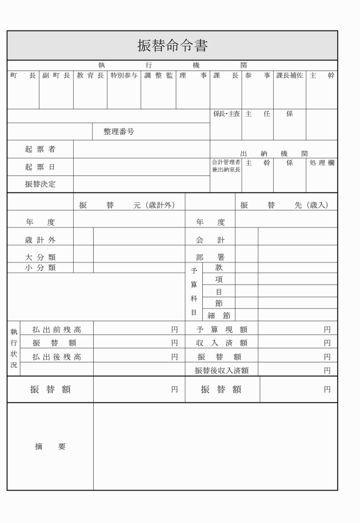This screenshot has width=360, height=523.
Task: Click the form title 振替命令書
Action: [172, 46]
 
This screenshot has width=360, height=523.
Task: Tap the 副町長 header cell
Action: [56, 75]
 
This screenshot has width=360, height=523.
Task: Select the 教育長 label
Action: [90, 75]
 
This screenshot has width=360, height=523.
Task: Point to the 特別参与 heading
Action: [124, 75]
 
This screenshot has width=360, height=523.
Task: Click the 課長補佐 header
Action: [290, 75]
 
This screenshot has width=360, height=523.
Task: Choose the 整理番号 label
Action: [119, 131]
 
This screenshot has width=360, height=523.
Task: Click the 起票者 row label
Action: [40, 149]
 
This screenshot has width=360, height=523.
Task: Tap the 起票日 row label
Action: [40, 167]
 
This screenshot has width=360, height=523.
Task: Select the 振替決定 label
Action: [40, 184]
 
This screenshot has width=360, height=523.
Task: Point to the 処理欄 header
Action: [322, 163]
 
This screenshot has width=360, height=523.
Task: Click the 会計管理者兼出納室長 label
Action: [226, 166]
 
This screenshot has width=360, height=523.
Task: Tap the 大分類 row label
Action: [40, 257]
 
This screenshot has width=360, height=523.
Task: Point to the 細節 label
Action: [218, 315]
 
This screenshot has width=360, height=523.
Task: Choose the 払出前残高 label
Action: [57, 329]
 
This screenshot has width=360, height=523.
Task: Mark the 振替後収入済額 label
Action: [222, 370]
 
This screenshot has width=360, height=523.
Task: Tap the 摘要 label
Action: [50, 447]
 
